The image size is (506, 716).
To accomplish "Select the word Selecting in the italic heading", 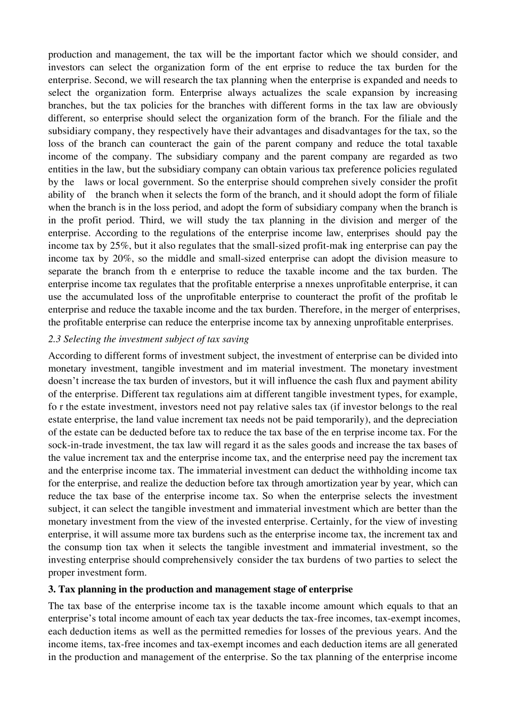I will [80, 339].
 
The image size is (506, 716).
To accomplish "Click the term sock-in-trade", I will [74, 445].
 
